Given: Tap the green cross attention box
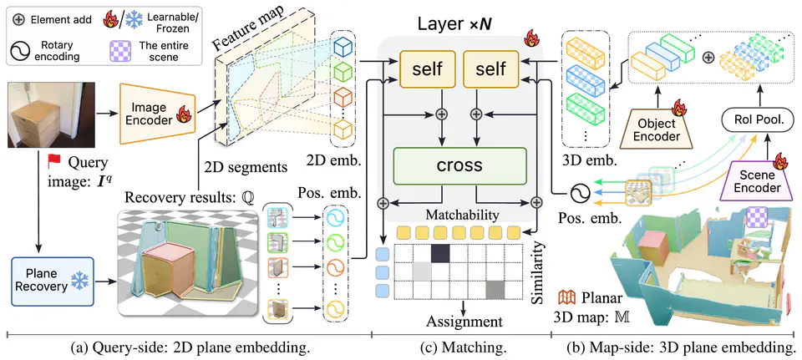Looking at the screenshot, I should pyautogui.click(x=459, y=165).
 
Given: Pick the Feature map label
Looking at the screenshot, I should pyautogui.click(x=247, y=31).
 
